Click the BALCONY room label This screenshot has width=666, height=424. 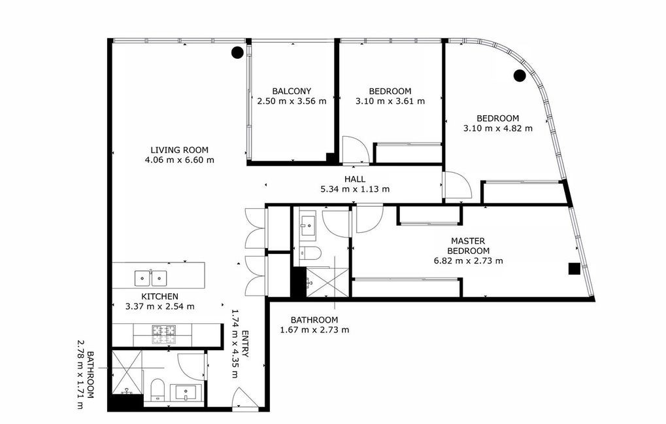[x=291, y=91]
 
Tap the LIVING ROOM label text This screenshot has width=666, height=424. [x=179, y=150]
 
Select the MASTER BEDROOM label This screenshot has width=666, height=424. [x=468, y=246]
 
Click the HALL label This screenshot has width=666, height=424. [x=355, y=179]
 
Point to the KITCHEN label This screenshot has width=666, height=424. [x=159, y=296]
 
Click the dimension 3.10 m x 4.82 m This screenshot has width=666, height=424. [x=498, y=128]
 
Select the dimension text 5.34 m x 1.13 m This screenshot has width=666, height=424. [x=355, y=189]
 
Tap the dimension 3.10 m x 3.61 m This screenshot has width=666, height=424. [x=390, y=101]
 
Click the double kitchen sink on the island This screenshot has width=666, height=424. [x=150, y=278]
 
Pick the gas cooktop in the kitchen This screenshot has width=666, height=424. [x=164, y=334]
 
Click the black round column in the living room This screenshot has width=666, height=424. [x=237, y=52]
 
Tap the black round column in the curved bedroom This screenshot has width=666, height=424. [x=520, y=76]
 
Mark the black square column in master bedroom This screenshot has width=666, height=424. [x=574, y=269]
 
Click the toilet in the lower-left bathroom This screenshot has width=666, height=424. [x=157, y=389]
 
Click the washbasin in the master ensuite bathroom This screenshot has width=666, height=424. [x=308, y=222]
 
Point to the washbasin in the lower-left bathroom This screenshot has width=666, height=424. [x=186, y=392]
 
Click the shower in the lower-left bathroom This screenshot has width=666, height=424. [x=126, y=372]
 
